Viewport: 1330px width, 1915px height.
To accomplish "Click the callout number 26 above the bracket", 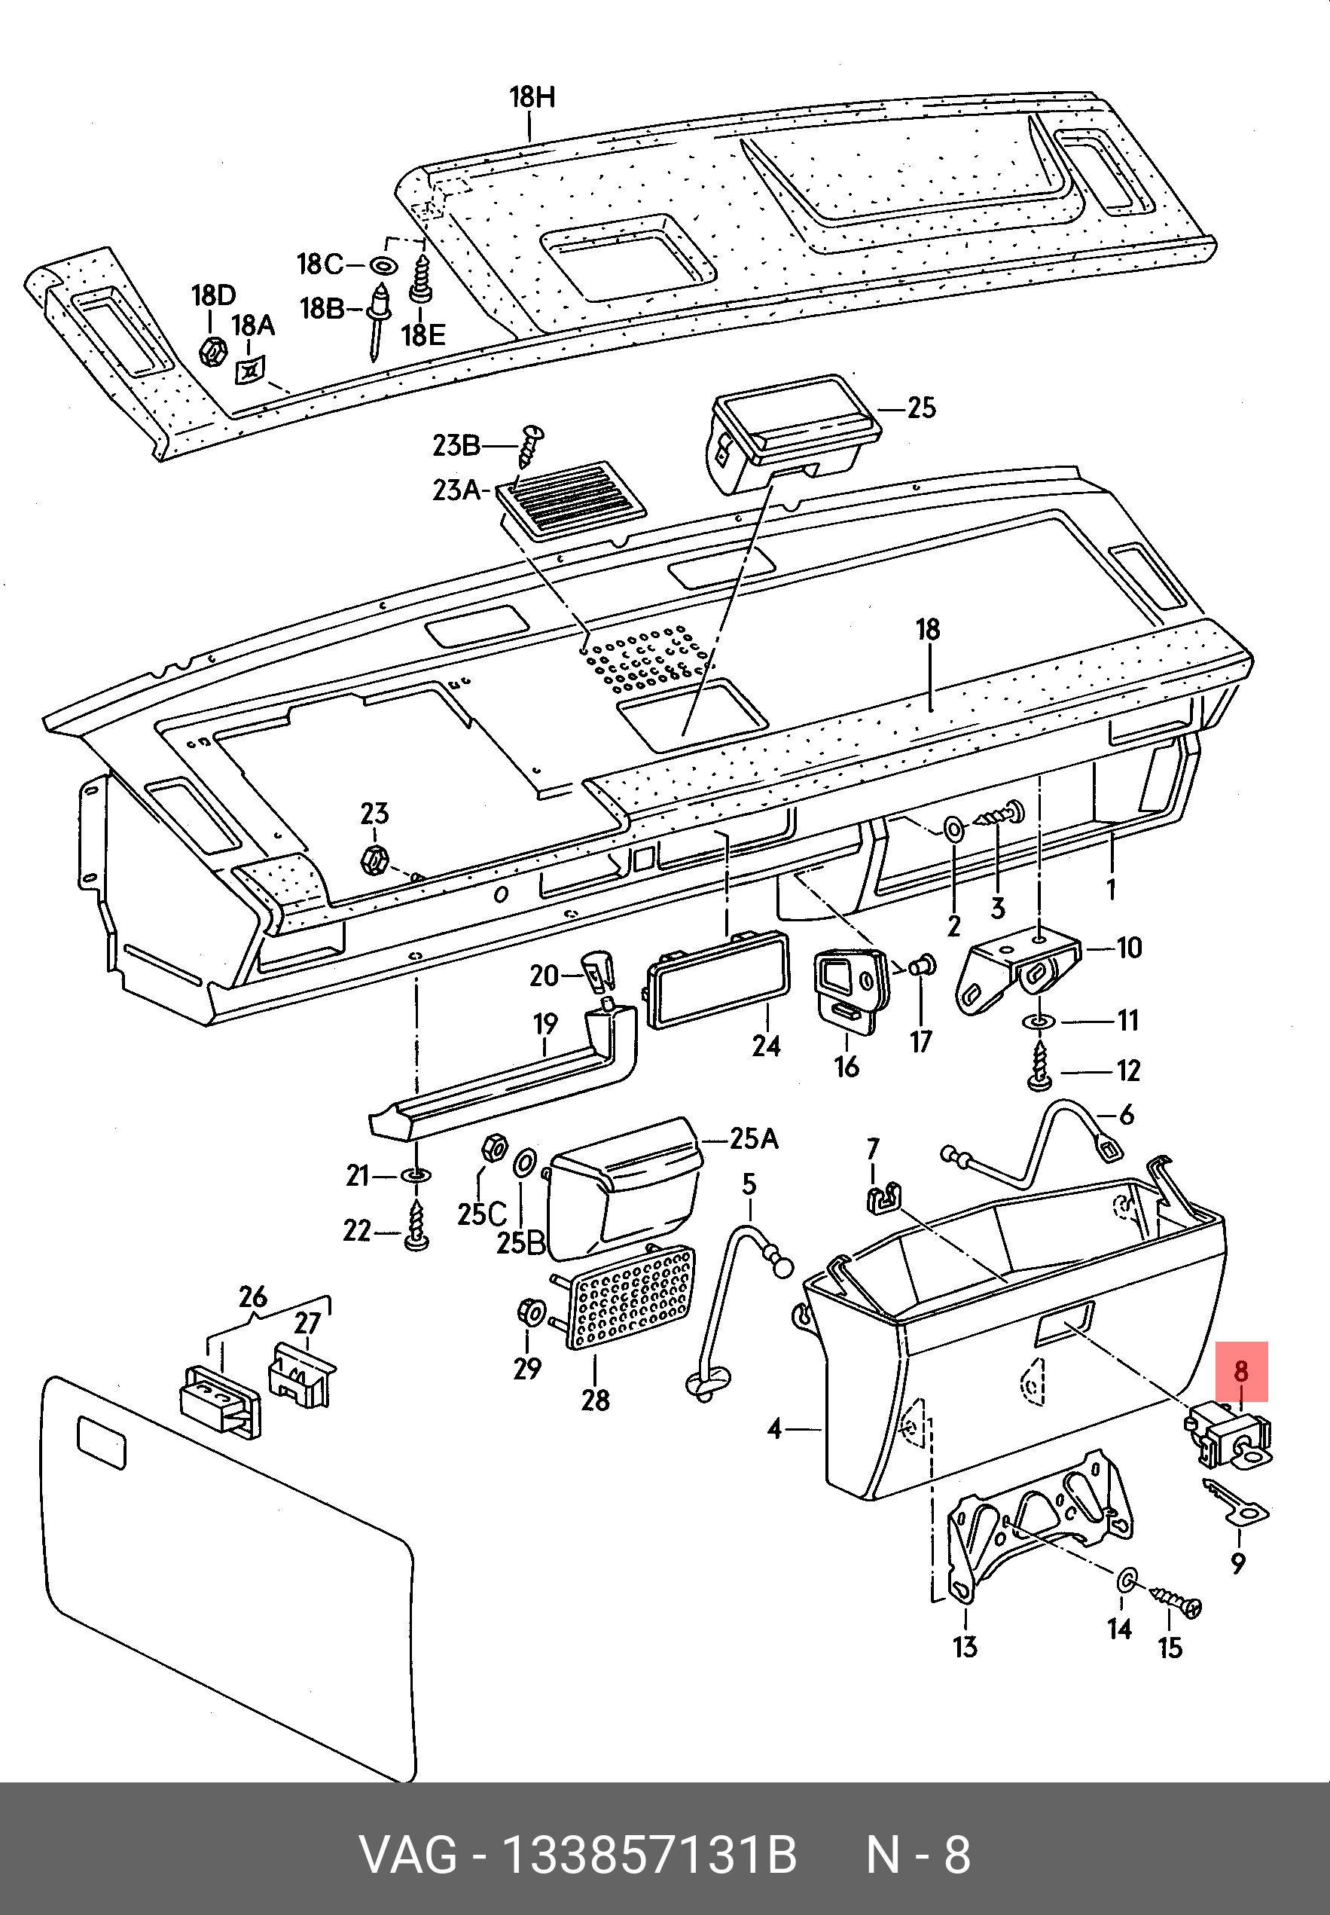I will (x=252, y=1297).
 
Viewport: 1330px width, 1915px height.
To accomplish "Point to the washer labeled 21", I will (x=416, y=1176).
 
